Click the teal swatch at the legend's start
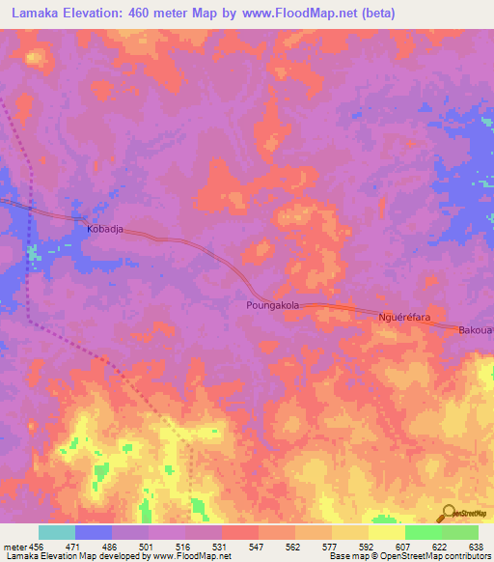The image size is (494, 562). (x=57, y=532)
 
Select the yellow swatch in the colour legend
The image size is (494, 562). (x=387, y=532)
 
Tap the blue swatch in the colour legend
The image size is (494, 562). (x=94, y=532)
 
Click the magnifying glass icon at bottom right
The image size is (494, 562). (x=448, y=512)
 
